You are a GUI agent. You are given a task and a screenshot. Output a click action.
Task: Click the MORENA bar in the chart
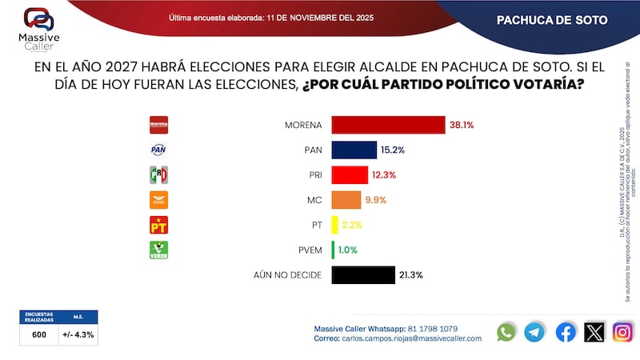[x=388, y=125]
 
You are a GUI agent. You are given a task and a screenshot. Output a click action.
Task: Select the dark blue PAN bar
[x=354, y=150]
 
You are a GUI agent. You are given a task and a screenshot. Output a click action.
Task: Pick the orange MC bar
[x=346, y=200]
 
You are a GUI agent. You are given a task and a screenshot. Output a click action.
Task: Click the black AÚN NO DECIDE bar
[x=362, y=275]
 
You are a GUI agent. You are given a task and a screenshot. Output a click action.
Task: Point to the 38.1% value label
[x=462, y=125]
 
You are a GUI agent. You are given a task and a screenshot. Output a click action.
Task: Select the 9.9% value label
[x=376, y=200]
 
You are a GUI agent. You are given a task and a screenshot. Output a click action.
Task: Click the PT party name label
[x=315, y=225]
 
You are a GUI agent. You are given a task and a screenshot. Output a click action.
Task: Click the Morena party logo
[x=159, y=125]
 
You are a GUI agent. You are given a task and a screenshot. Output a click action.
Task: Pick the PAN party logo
[x=159, y=150]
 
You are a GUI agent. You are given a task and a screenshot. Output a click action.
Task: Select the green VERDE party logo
[x=159, y=250]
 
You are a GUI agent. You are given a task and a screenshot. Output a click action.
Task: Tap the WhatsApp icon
[x=506, y=332]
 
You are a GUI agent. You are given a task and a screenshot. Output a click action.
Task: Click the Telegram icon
[x=534, y=332]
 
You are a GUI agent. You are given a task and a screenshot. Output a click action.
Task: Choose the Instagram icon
[x=622, y=332]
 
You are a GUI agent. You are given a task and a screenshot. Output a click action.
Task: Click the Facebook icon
[x=566, y=332]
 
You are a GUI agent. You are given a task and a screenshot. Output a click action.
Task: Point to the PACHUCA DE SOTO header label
[x=552, y=20]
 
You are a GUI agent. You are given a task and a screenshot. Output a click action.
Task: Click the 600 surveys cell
[x=39, y=334]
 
